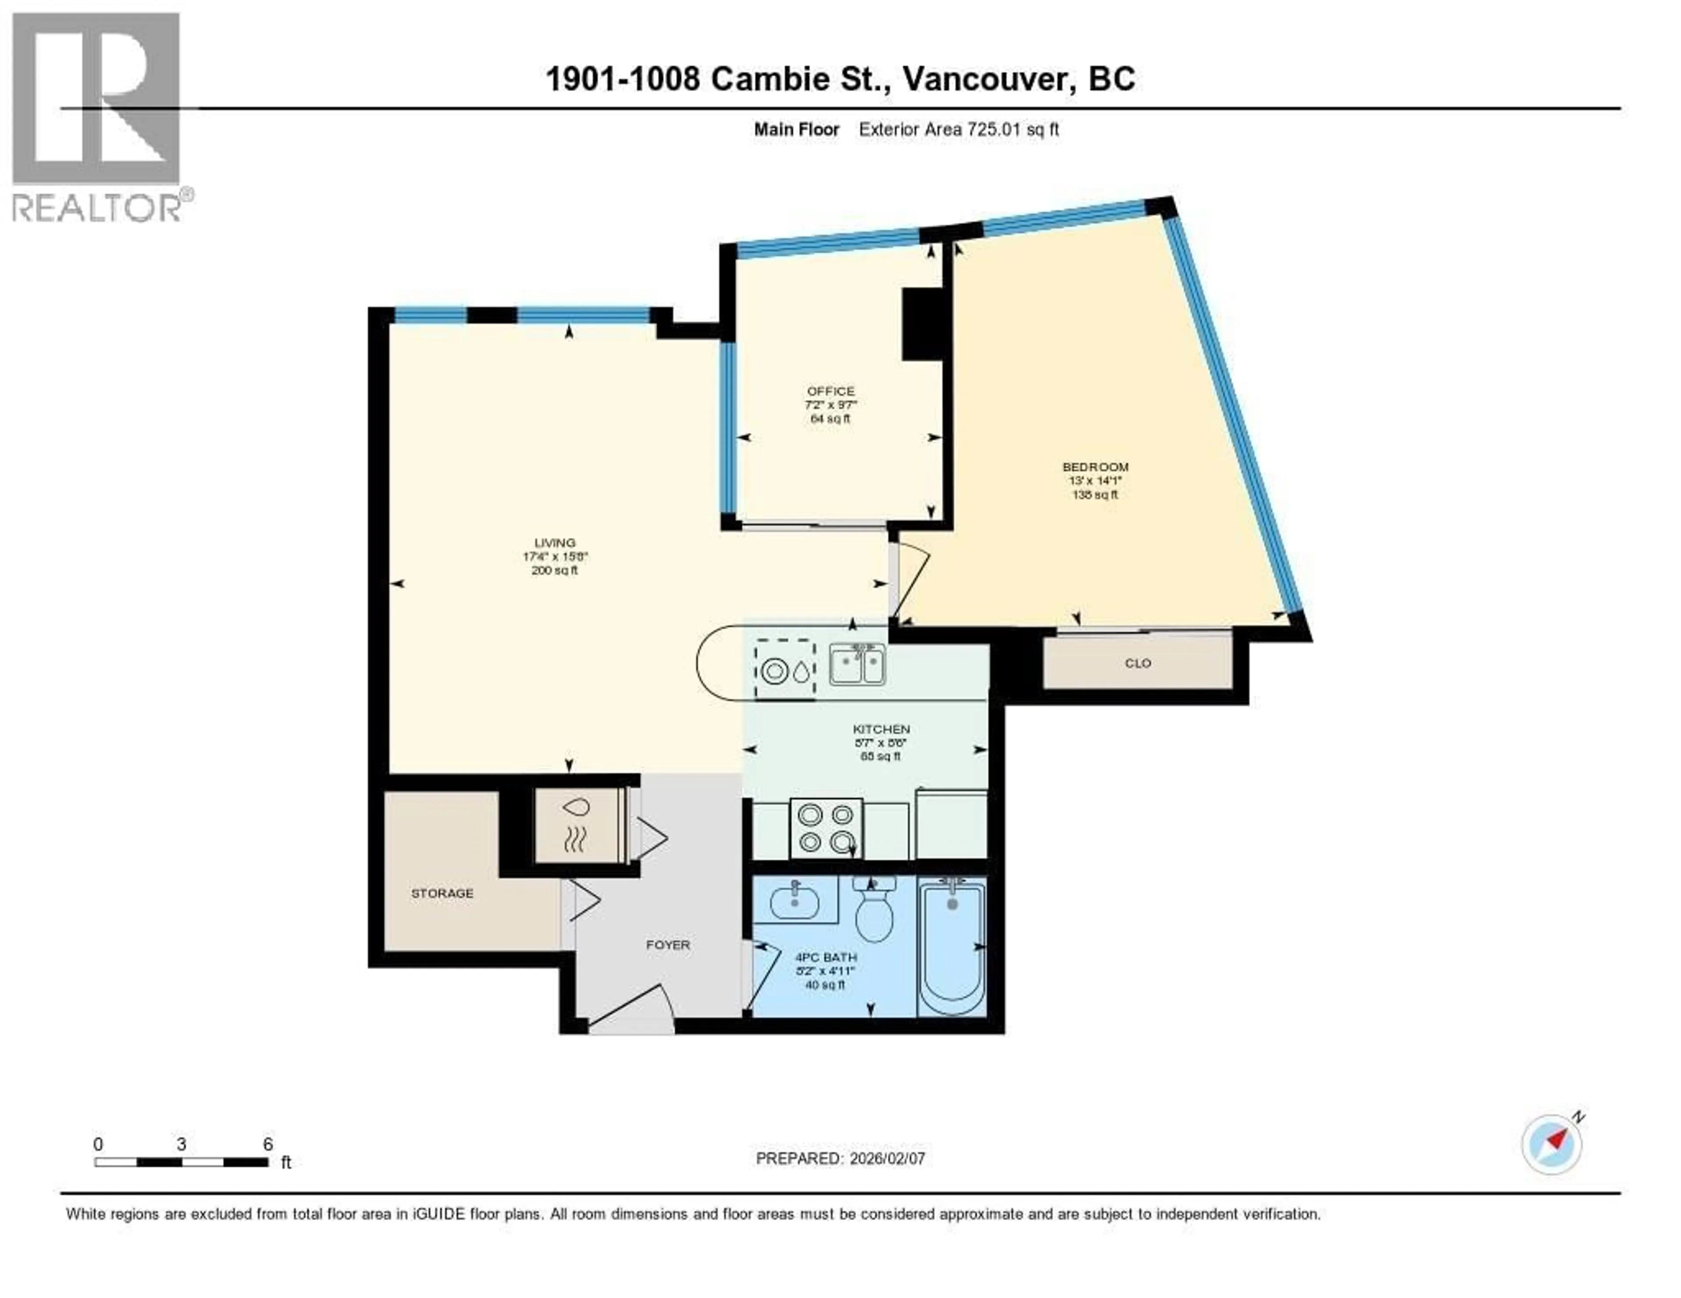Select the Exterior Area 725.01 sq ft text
click(x=958, y=129)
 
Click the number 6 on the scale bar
click(x=268, y=1144)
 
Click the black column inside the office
click(x=921, y=324)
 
